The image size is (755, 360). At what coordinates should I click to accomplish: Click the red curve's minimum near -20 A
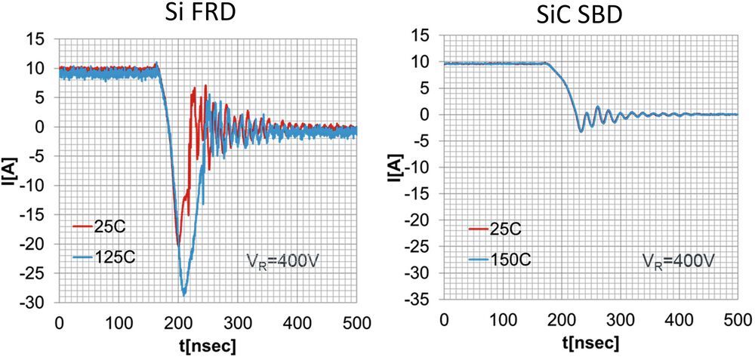[178, 244]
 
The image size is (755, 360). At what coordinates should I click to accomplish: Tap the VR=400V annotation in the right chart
[679, 260]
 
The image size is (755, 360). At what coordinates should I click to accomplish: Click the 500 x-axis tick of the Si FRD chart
[356, 324]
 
